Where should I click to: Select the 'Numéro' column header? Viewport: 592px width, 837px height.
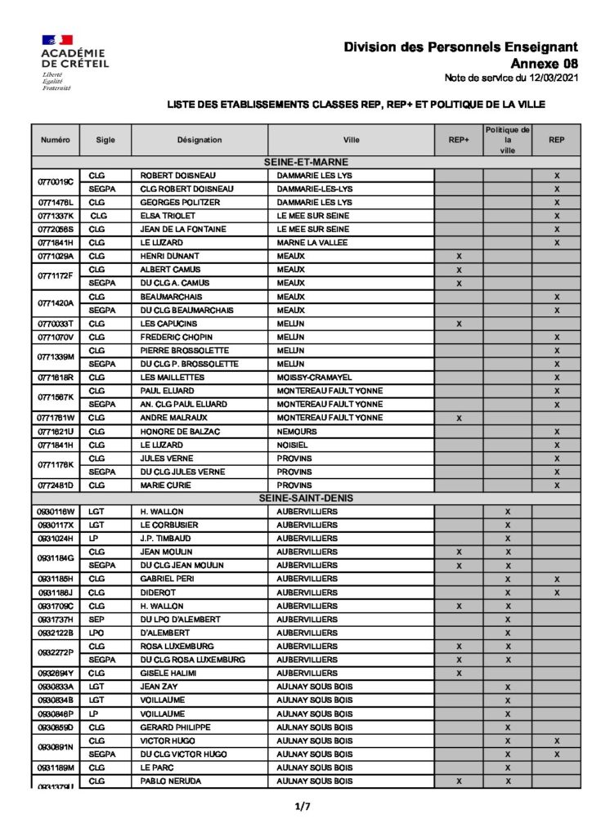[x=56, y=140]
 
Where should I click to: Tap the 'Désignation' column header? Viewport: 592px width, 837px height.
[x=199, y=140]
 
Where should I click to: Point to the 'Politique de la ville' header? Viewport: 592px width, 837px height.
[x=507, y=140]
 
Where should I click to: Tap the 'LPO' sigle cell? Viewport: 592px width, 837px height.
[x=96, y=633]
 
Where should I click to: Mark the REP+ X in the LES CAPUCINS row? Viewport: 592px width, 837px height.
[x=459, y=324]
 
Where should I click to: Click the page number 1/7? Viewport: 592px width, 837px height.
[x=303, y=807]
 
